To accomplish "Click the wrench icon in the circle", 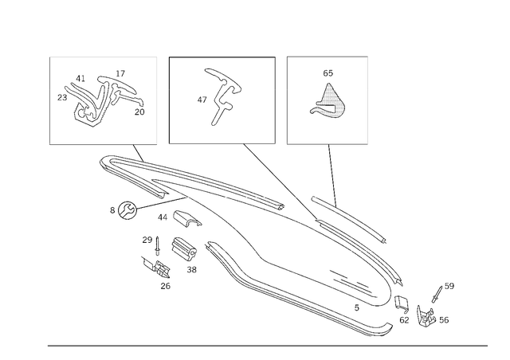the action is point(127,210).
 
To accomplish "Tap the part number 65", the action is point(328,73).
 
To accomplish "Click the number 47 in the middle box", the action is point(202,100).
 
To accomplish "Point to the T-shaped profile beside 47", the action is point(222,96).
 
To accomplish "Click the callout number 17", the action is point(120,73).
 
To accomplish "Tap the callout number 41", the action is point(80,78).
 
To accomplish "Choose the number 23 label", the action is point(62,97).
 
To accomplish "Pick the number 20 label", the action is point(139,112).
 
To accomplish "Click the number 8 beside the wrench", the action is point(112,210).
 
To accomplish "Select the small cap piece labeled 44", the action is point(186,218).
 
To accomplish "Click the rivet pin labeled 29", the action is point(158,246).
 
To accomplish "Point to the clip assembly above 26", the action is point(156,268).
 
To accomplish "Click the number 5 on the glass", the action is point(357,307).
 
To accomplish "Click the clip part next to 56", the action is point(426,316).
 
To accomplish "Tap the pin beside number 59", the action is point(437,294).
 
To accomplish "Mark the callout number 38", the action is point(191,269).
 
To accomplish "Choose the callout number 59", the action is point(449,286).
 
